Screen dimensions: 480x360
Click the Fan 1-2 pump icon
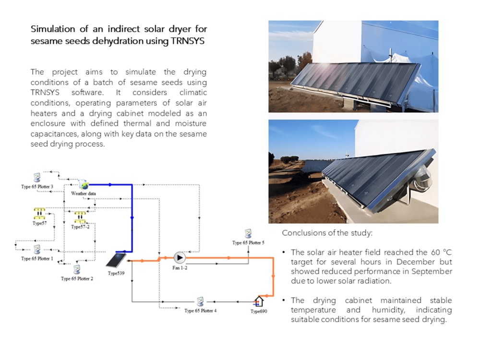point(180,258)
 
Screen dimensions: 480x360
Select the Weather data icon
point(84,185)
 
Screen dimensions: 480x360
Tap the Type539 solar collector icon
point(116,260)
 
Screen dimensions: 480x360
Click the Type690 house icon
point(259,301)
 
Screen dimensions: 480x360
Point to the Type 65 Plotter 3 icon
point(37,178)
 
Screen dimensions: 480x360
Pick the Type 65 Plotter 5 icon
point(248,234)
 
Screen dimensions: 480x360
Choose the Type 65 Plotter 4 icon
point(200,301)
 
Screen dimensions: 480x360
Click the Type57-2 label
point(80,227)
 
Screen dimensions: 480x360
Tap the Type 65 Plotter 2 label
point(77,278)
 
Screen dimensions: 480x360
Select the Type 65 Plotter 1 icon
point(37,250)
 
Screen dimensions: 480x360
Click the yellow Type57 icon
point(39,214)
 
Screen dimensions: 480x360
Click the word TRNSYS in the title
point(187,41)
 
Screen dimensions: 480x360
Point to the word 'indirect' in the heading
point(123,29)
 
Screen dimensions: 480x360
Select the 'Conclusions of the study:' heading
point(327,233)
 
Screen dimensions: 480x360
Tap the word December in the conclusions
point(416,262)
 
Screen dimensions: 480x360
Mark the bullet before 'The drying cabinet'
point(284,300)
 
